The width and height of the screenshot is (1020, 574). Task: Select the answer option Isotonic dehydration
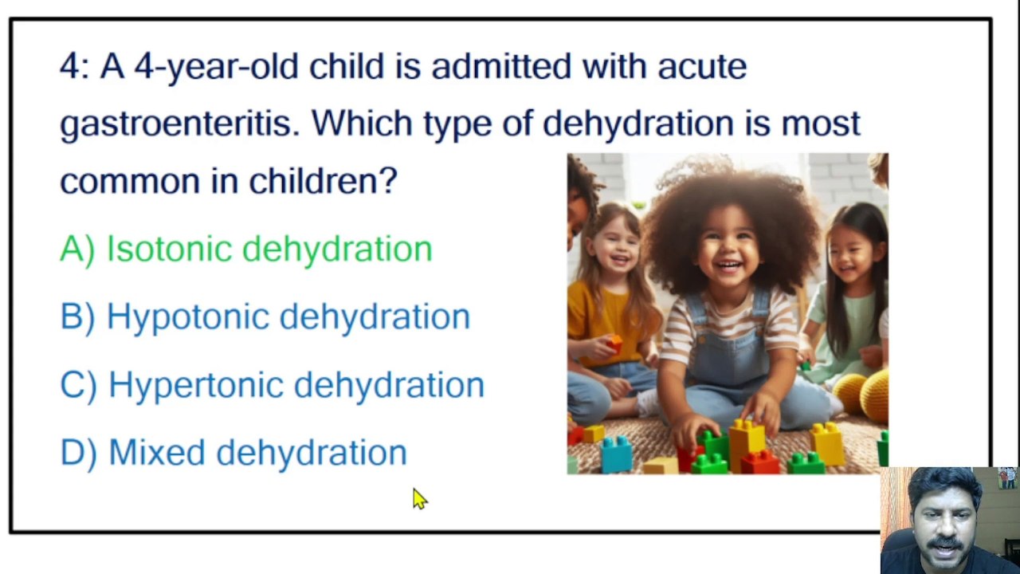tap(269, 249)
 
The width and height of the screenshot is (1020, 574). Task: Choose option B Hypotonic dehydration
tap(288, 316)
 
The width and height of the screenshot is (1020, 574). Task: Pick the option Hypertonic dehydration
tap(296, 384)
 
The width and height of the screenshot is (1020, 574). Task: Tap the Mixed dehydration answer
tap(257, 452)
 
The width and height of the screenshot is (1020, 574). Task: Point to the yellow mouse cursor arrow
tap(419, 498)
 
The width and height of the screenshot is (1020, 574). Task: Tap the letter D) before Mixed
tap(78, 452)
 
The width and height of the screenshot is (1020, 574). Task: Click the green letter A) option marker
tap(77, 249)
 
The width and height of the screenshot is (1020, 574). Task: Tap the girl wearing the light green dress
tap(849, 303)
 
